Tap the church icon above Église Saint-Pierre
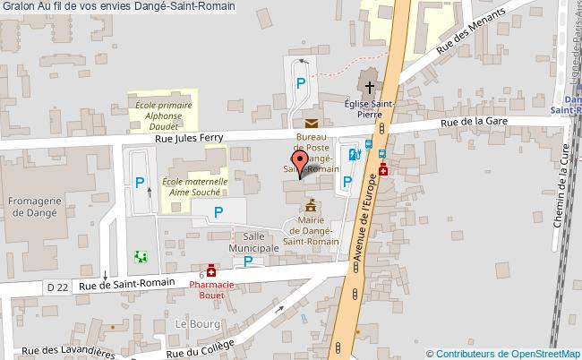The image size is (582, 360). pyautogui.click(x=368, y=86)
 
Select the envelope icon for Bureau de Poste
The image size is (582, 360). pyautogui.click(x=310, y=123)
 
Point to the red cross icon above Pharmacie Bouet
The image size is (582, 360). pyautogui.click(x=211, y=270)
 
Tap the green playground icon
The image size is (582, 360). pyautogui.click(x=140, y=257)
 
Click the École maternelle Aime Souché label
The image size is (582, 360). pyautogui.click(x=194, y=186)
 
